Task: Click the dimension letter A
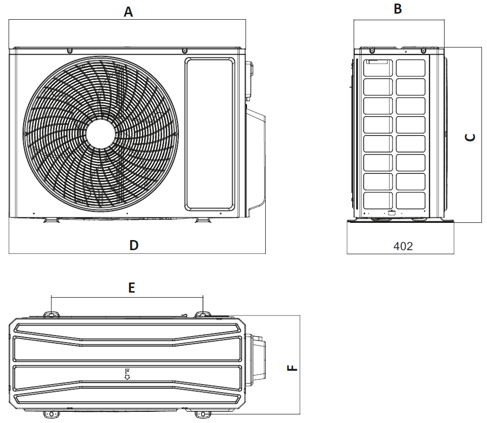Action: [128, 12]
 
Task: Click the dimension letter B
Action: [398, 9]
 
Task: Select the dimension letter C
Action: [470, 137]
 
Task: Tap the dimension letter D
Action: [133, 246]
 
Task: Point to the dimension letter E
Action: [131, 288]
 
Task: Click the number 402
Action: [403, 246]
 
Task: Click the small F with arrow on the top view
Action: [127, 374]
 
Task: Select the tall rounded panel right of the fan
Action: [210, 134]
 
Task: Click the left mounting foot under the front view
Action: [50, 220]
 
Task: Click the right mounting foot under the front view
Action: [202, 220]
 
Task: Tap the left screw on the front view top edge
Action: [69, 51]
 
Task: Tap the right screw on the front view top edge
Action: [184, 51]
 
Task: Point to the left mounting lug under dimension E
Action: [52, 314]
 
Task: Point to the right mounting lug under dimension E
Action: [202, 314]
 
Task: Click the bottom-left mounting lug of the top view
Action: [51, 414]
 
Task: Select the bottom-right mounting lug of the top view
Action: [203, 414]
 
